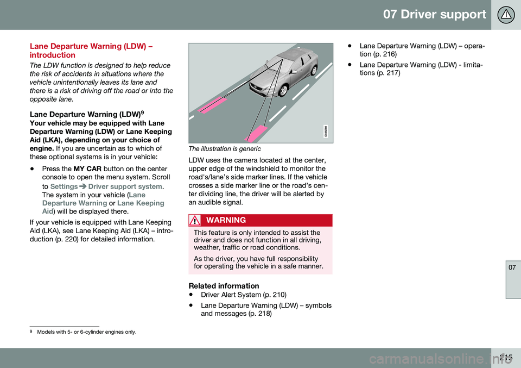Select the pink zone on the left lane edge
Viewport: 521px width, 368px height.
pyautogui.click(x=213, y=103)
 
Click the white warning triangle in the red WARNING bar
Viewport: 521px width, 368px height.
pyautogui.click(x=195, y=220)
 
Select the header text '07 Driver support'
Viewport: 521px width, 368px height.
pyautogui.click(x=435, y=15)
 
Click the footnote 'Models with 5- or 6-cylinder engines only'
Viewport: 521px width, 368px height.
pyautogui.click(x=87, y=332)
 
